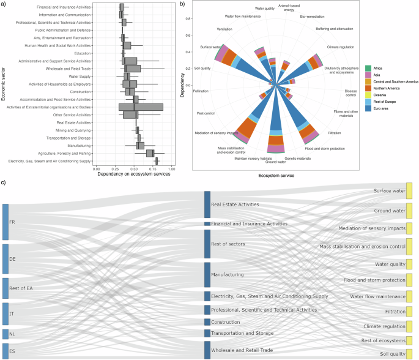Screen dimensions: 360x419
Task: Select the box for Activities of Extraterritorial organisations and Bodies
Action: (x=141, y=107)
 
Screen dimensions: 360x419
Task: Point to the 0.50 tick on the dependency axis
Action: (x=134, y=168)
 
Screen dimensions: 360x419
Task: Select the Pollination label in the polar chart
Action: (x=201, y=91)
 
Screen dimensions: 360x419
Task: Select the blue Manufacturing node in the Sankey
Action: (x=207, y=275)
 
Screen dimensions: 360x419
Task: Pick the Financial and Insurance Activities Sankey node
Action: (x=207, y=224)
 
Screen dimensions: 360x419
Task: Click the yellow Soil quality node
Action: (x=410, y=353)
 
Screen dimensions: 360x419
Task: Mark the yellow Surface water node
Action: (x=410, y=191)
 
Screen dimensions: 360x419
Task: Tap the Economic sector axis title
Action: (x=5, y=85)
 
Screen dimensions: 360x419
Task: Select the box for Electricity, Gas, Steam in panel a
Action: (x=157, y=161)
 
